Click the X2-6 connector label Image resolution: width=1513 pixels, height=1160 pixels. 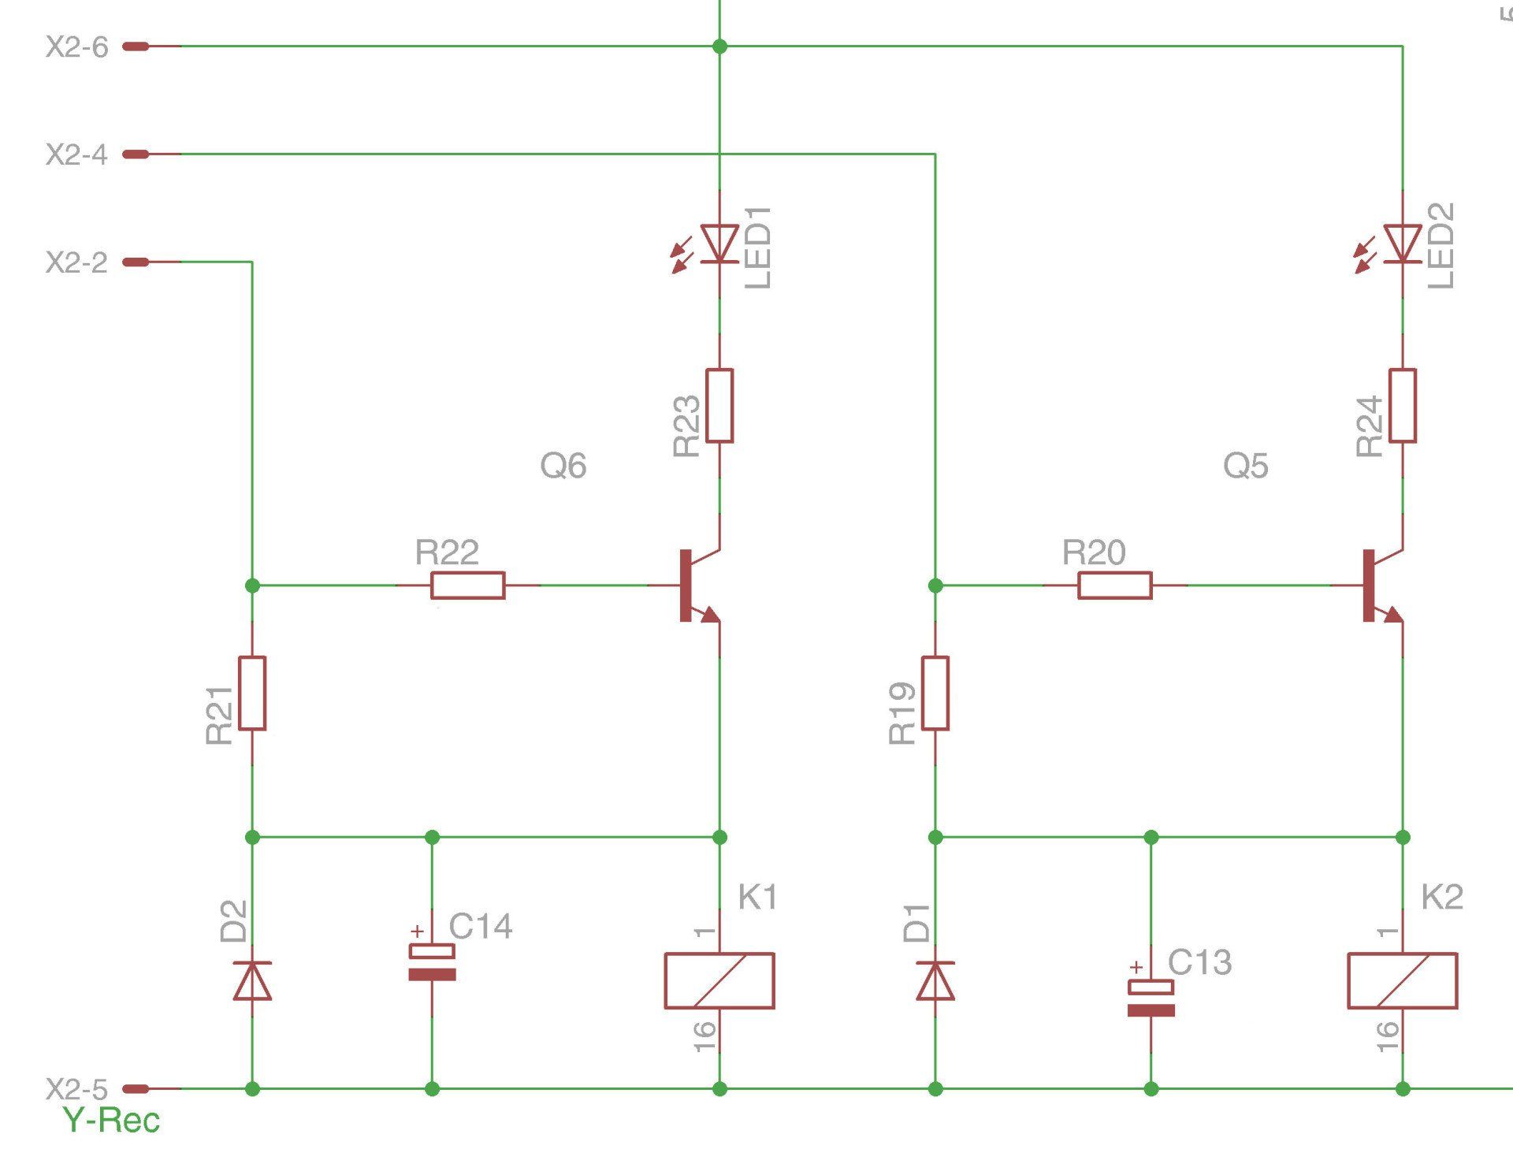76,47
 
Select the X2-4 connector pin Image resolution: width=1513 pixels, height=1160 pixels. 136,154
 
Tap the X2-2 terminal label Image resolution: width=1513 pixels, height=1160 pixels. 76,262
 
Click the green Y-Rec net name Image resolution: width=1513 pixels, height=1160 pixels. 111,1121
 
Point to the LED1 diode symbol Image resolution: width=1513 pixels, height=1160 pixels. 719,244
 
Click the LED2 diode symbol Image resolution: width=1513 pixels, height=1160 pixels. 1402,244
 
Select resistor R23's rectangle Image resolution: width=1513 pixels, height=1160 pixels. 719,405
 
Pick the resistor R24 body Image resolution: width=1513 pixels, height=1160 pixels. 1402,405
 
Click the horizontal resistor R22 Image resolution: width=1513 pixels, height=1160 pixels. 468,586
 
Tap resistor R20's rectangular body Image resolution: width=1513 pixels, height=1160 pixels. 1114,586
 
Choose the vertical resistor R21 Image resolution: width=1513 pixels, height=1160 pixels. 252,693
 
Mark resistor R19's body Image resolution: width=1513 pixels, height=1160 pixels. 935,693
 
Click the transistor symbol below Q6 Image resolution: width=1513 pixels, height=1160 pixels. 697,586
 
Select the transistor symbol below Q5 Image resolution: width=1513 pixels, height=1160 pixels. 1381,586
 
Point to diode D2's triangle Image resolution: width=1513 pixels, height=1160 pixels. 252,980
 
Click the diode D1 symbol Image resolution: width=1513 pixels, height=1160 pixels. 935,980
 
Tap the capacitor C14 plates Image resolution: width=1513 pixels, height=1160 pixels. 432,963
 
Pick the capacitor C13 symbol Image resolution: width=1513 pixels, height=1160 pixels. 1151,998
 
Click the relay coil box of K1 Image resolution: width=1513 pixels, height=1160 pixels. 719,981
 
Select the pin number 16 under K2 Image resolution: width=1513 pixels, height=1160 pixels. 1387,1036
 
